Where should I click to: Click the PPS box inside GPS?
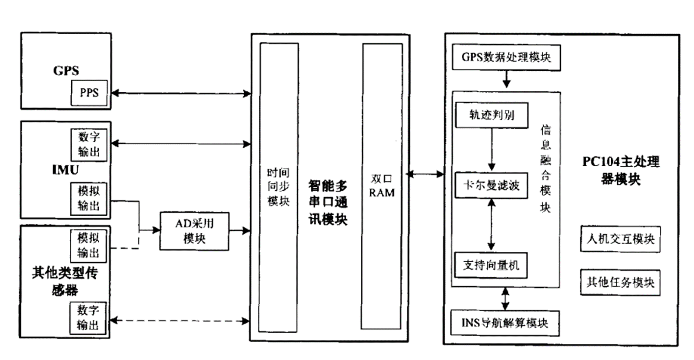(90, 93)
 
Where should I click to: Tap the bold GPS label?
(66, 70)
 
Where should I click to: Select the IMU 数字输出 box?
(89, 144)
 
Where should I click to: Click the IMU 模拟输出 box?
(89, 198)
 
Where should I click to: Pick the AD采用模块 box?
(194, 231)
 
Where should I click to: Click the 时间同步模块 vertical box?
(278, 187)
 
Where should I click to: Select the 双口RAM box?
(382, 186)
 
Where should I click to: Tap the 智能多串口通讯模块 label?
(328, 202)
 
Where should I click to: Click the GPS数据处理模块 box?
(506, 57)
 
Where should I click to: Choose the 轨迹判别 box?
(491, 115)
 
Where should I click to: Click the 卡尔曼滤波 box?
(491, 185)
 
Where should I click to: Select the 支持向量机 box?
(491, 265)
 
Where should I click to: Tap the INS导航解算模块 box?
(505, 323)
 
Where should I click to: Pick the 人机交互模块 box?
(620, 238)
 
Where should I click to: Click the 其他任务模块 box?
(620, 282)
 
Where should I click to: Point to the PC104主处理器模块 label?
(620, 170)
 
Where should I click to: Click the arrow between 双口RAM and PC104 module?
(425, 174)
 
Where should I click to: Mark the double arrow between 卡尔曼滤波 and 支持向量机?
(491, 225)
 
